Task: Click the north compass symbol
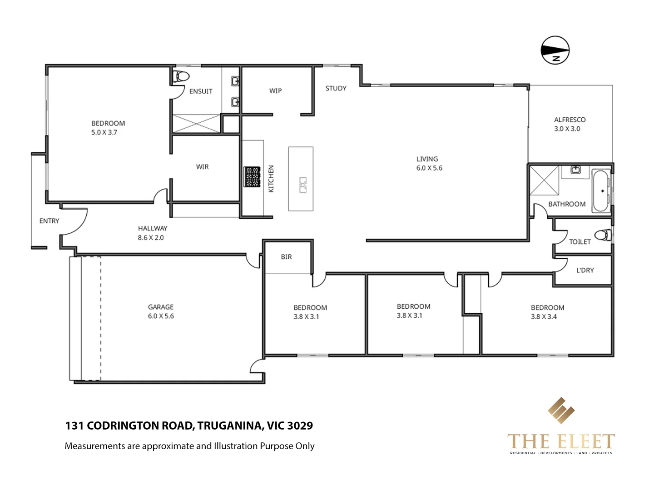pyautogui.click(x=555, y=50)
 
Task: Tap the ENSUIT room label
pyautogui.click(x=201, y=91)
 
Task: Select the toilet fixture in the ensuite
pyautogui.click(x=182, y=76)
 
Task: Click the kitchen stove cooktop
pyautogui.click(x=253, y=177)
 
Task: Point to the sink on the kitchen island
pyautogui.click(x=303, y=185)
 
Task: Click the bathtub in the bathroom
pyautogui.click(x=601, y=191)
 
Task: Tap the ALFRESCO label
pyautogui.click(x=570, y=120)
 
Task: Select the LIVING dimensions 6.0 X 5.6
pyautogui.click(x=429, y=168)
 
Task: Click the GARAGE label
pyautogui.click(x=161, y=307)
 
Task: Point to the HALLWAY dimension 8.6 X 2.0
pyautogui.click(x=151, y=238)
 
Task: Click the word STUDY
pyautogui.click(x=336, y=88)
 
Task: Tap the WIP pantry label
pyautogui.click(x=275, y=91)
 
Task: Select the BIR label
pyautogui.click(x=286, y=257)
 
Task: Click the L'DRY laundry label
pyautogui.click(x=585, y=270)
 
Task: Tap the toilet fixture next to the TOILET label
pyautogui.click(x=603, y=235)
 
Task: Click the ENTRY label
pyautogui.click(x=49, y=221)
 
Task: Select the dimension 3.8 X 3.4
pyautogui.click(x=544, y=317)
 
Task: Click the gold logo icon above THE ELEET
pyautogui.click(x=561, y=411)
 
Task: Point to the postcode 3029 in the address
pyautogui.click(x=300, y=426)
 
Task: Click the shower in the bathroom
pyautogui.click(x=544, y=180)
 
